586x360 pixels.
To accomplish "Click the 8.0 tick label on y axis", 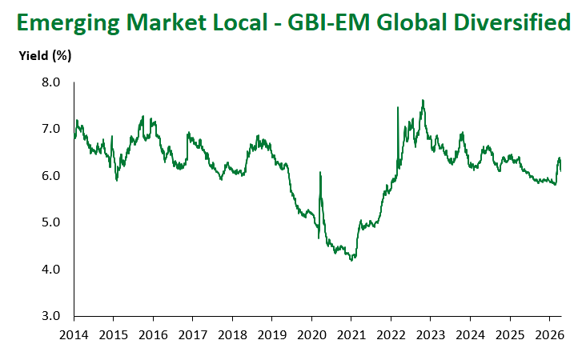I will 50,82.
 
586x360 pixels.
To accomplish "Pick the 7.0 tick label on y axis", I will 50,129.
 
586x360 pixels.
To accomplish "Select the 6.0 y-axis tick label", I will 50,176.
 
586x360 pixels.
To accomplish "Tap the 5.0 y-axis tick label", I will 50,222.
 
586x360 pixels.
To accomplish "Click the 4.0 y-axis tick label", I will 50,270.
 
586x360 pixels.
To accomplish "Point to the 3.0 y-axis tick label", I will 50,316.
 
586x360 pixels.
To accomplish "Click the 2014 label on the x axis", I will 74,334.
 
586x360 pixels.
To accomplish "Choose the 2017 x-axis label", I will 192,334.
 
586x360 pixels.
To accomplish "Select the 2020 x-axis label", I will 311,334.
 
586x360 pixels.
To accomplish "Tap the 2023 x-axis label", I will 430,334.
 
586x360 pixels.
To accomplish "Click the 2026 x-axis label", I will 548,334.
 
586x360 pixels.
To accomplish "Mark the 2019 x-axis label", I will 271,334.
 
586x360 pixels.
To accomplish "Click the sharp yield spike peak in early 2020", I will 320,172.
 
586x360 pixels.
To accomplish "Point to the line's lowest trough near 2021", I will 351,261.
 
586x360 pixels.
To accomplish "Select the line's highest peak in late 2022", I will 423,101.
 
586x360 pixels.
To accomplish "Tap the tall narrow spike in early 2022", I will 398,107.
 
